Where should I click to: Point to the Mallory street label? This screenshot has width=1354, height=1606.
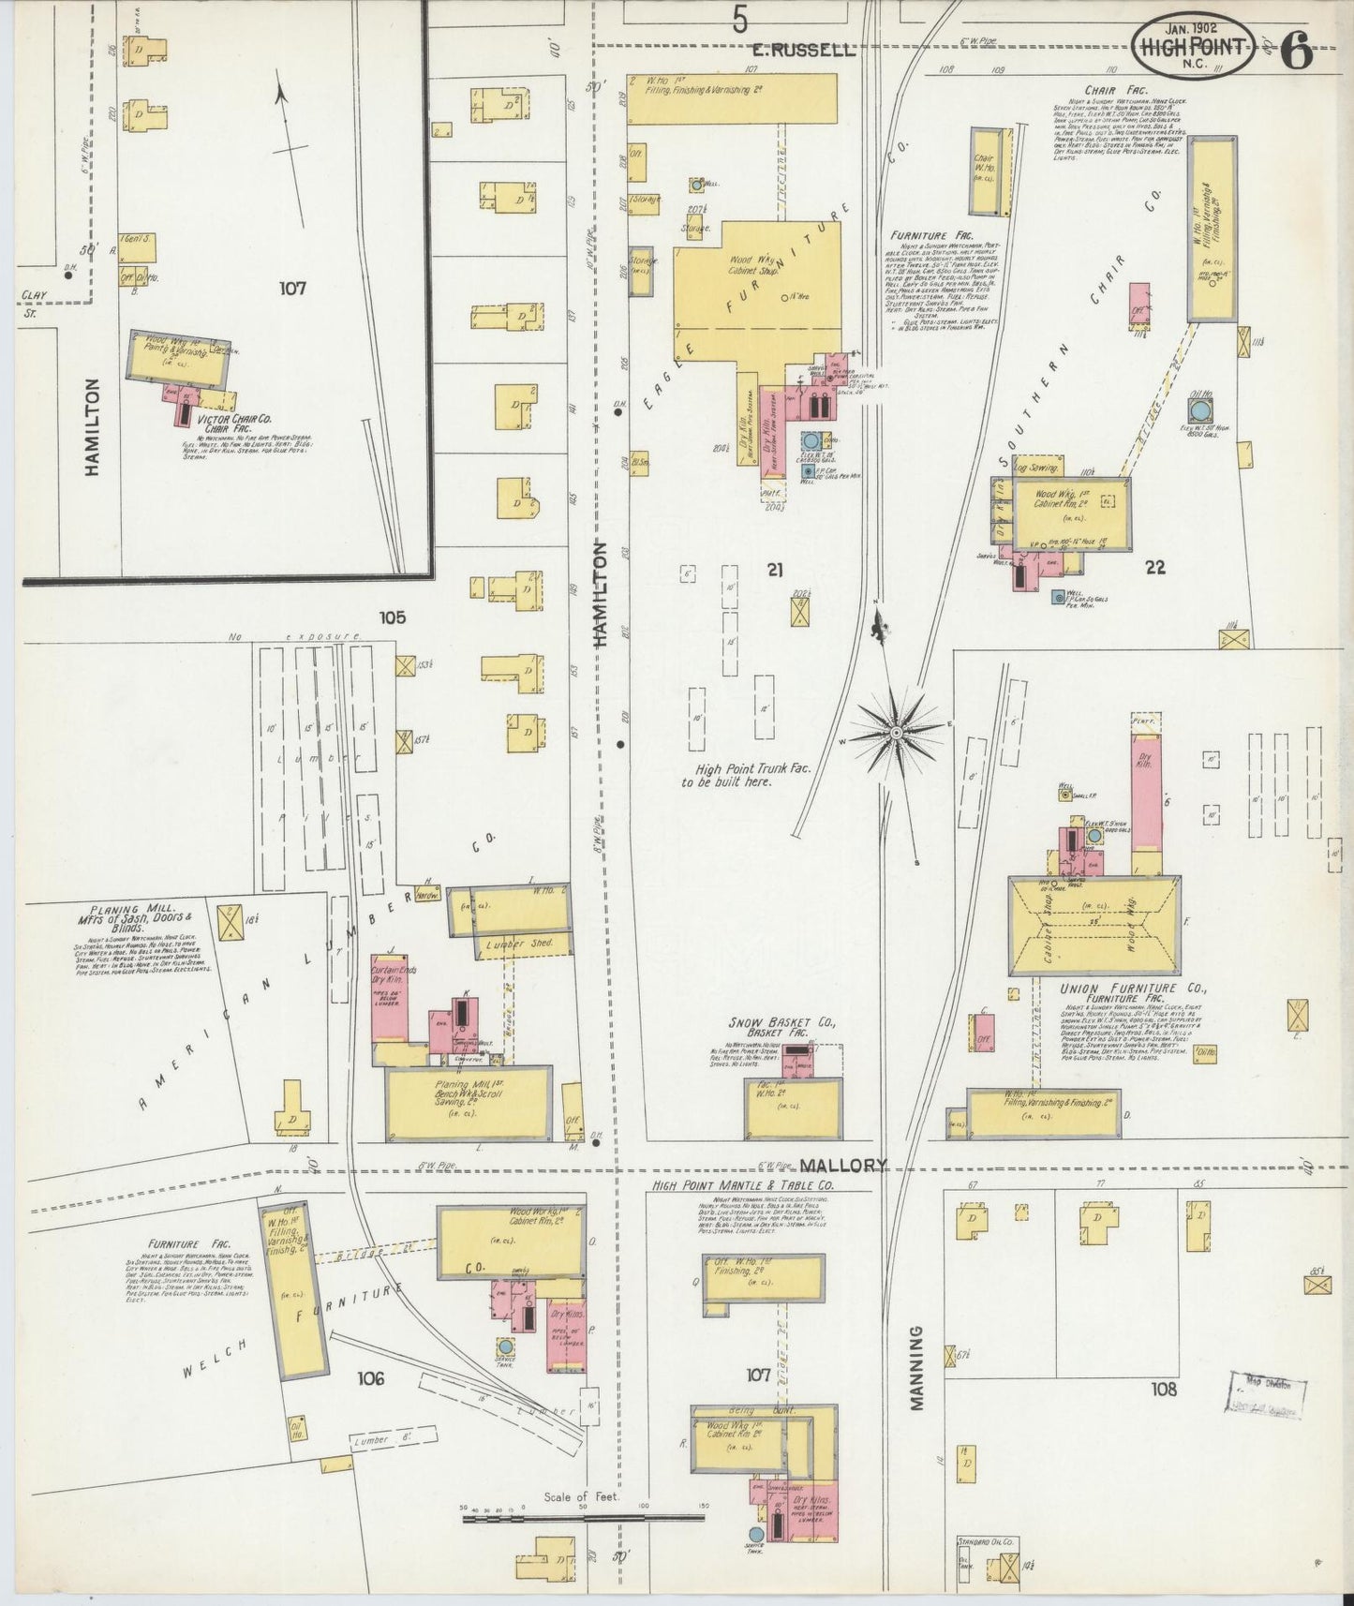(x=843, y=1165)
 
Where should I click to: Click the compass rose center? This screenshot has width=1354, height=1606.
(x=897, y=731)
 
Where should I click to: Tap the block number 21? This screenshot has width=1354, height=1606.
(x=774, y=569)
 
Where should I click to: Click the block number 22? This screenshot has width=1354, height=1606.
(x=1155, y=567)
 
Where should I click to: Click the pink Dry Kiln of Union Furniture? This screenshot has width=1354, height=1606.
(x=1146, y=792)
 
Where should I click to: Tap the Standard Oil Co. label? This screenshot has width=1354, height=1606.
(x=987, y=1540)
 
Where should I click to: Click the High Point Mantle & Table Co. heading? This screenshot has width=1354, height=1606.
(x=740, y=1185)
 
